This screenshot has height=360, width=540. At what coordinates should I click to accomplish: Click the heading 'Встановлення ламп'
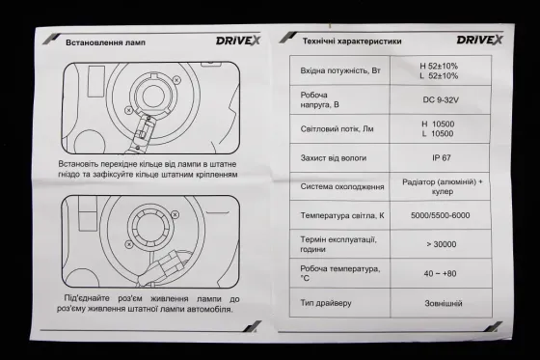click(105, 42)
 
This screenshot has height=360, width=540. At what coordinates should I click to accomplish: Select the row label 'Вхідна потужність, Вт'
click(349, 69)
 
